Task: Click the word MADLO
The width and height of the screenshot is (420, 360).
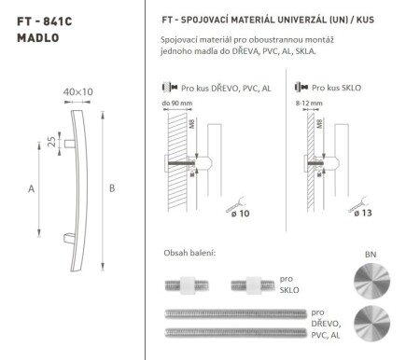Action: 37,38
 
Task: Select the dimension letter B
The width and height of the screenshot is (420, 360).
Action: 112,188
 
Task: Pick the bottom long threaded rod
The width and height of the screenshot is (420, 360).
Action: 232,332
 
